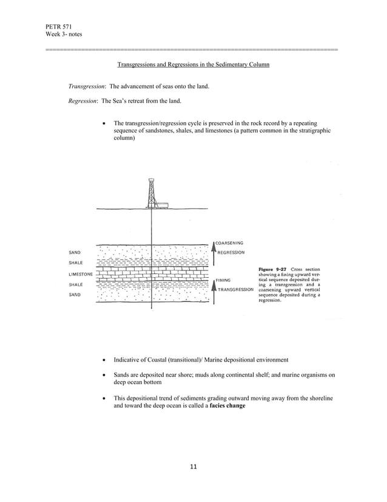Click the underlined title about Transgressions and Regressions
(x=193, y=64)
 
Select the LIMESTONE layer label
(x=80, y=275)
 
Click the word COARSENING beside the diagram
(x=229, y=243)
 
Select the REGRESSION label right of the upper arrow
(x=231, y=252)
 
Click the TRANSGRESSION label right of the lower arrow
(x=235, y=290)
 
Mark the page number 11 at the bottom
(x=193, y=467)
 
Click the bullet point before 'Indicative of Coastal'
(x=106, y=360)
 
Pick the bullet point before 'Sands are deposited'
(x=106, y=376)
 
